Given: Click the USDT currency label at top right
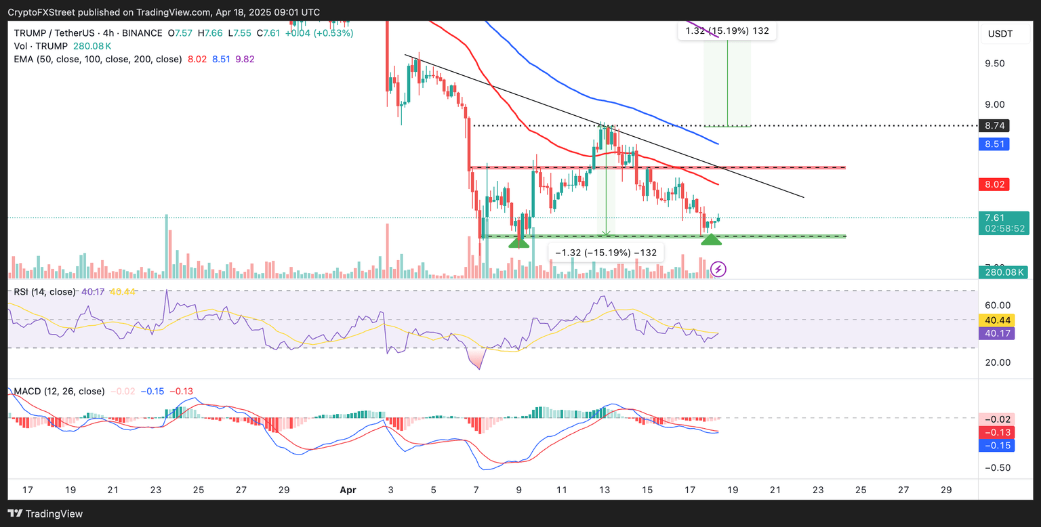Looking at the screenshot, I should pos(1000,34).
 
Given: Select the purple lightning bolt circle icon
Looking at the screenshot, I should pos(719,270).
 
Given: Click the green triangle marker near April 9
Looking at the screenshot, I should pos(518,242).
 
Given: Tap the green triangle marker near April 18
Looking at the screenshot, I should pos(711,239).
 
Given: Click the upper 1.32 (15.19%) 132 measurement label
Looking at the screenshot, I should pos(727,30).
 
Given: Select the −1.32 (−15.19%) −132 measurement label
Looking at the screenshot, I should pos(605,253).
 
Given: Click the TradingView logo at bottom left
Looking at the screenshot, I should pos(46,513).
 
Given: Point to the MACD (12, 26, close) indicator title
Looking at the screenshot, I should pos(58,391).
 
